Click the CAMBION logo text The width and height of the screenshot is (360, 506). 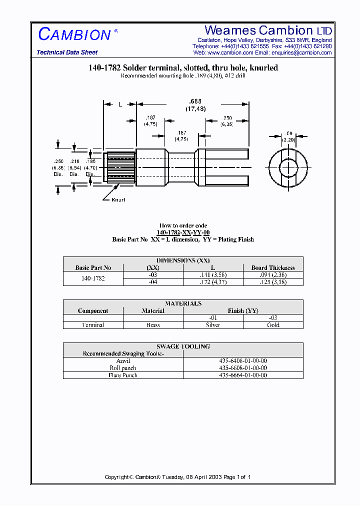pyautogui.click(x=74, y=34)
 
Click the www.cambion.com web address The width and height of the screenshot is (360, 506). pyautogui.click(x=230, y=52)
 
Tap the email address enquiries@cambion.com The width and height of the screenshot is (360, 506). pyautogui.click(x=302, y=52)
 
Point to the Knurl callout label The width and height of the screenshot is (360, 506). pyautogui.click(x=118, y=199)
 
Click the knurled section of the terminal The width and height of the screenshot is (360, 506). pyautogui.click(x=119, y=166)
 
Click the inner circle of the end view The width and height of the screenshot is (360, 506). pyautogui.click(x=289, y=166)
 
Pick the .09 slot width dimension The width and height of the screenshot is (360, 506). pyautogui.click(x=289, y=133)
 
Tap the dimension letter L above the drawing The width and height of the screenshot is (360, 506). pyautogui.click(x=120, y=104)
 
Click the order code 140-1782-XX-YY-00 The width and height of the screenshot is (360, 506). pyautogui.click(x=183, y=232)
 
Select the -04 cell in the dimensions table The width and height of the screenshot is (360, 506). pyautogui.click(x=153, y=282)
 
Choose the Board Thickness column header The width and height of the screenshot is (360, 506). pyautogui.click(x=273, y=267)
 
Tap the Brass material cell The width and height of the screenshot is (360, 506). pyautogui.click(x=153, y=325)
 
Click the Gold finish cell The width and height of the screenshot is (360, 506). pyautogui.click(x=273, y=325)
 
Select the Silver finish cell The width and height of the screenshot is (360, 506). pyautogui.click(x=213, y=325)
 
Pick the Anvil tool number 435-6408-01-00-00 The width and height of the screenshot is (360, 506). pyautogui.click(x=243, y=360)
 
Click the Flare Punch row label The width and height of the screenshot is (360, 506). pyautogui.click(x=123, y=375)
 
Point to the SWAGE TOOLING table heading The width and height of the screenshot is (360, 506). pyautogui.click(x=183, y=346)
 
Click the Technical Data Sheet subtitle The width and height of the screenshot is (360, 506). pyautogui.click(x=67, y=52)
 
